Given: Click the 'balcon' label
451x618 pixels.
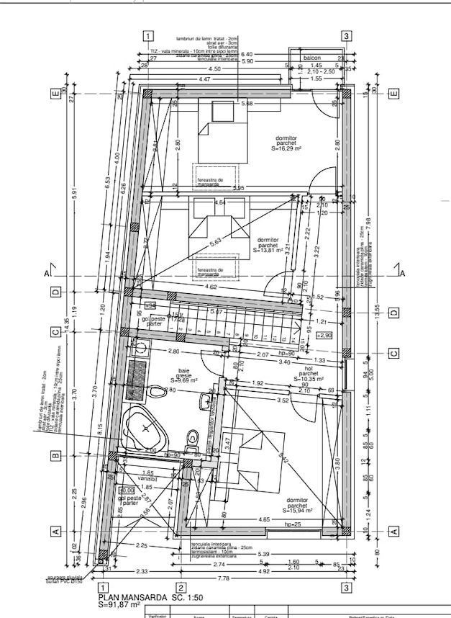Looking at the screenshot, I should pos(311,56).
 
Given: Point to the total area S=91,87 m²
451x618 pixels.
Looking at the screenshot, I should pos(120,606).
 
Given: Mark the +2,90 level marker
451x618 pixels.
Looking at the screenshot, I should pos(324,336).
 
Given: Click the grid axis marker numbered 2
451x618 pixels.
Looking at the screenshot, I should pos(181,588).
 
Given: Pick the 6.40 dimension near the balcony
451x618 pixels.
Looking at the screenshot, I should pos(247,54).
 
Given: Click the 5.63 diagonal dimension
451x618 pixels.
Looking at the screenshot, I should pos(214,243).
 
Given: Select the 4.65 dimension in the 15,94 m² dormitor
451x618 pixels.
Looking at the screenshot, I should pos(263,519).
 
